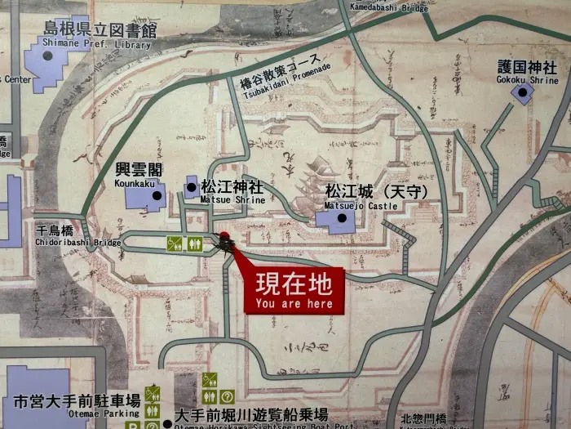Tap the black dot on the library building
click(47, 56)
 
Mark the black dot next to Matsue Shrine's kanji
click(192, 187)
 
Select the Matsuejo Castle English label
click(361, 206)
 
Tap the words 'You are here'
click(294, 304)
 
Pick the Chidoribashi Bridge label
click(78, 242)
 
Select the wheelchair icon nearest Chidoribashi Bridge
click(175, 243)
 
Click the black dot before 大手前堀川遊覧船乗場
click(168, 422)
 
